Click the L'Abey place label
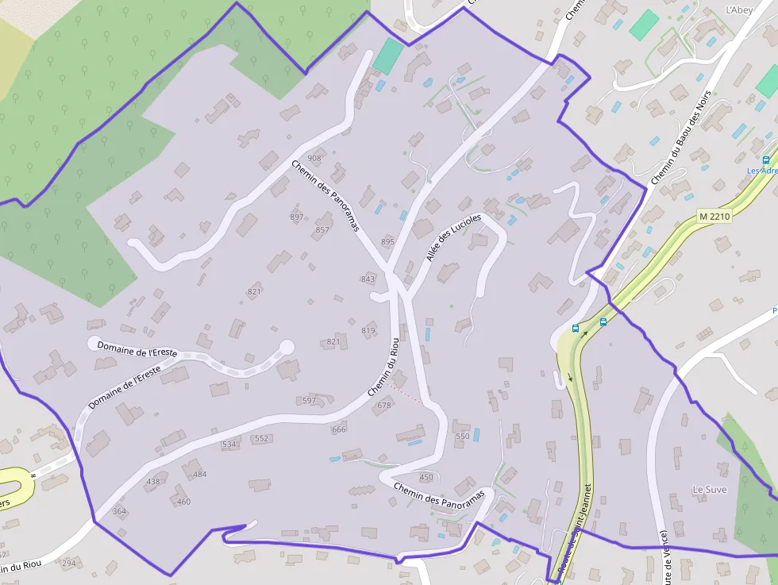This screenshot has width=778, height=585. (x=738, y=10)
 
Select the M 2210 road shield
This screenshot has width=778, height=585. (x=714, y=216)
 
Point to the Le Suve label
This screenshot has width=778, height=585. (x=709, y=489)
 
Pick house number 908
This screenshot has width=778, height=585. (x=314, y=158)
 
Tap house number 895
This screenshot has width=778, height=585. (x=387, y=241)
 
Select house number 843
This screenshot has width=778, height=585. (x=368, y=279)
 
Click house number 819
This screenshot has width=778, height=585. (x=368, y=330)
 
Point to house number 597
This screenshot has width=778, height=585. (x=309, y=401)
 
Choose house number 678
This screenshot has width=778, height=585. (x=384, y=405)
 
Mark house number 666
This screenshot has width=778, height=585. (x=339, y=429)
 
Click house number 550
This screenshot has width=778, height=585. (x=463, y=436)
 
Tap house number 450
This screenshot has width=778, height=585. (x=426, y=477)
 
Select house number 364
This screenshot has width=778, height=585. (x=119, y=511)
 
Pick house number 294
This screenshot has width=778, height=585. (x=69, y=564)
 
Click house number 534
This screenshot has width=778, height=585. (x=229, y=445)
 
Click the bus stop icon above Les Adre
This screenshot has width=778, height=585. (x=765, y=160)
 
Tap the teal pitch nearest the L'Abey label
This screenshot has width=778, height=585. (x=645, y=25)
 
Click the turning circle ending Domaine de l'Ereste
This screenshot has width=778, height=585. (x=286, y=347)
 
